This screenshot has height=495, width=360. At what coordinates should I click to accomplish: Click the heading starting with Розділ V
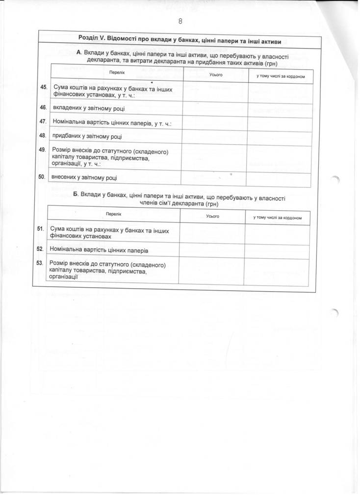[182, 38]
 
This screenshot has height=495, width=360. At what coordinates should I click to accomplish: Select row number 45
[43, 87]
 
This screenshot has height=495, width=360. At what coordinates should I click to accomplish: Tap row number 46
[43, 107]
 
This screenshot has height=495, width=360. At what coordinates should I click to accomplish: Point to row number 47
[43, 121]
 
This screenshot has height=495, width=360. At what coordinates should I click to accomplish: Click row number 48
[43, 135]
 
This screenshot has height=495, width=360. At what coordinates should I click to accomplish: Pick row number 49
[43, 149]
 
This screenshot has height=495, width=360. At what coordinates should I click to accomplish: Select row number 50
[42, 176]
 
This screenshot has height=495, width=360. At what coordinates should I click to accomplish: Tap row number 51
[41, 229]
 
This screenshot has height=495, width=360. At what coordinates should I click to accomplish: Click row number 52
[41, 249]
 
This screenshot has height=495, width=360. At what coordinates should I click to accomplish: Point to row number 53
[41, 263]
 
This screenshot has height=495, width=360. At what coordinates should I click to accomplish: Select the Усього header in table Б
[212, 216]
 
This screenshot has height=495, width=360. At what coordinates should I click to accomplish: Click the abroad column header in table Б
[277, 217]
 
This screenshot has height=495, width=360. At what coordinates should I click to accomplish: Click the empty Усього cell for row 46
[215, 110]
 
